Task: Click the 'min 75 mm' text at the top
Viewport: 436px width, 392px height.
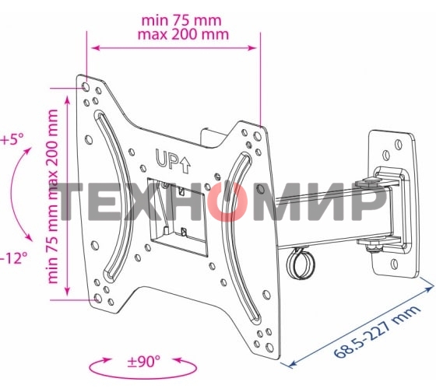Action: point(172,19)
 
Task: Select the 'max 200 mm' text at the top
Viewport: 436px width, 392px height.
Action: point(172,35)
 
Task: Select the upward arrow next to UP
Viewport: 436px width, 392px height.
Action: point(185,162)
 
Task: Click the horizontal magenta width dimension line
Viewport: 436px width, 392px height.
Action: point(172,48)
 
